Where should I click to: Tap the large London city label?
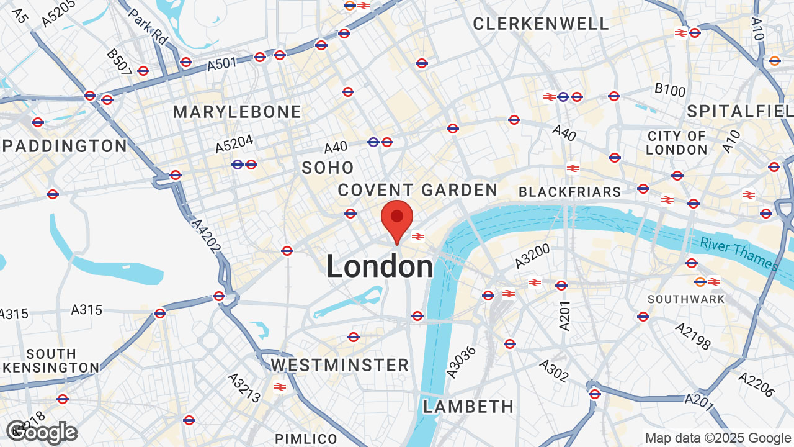380,267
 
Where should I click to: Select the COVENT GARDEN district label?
417,190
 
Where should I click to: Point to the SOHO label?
328,168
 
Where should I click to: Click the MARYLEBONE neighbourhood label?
237,112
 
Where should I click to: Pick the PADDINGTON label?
65,147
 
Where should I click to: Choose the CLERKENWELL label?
541,24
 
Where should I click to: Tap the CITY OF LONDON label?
677,143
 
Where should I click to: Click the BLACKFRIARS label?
569,192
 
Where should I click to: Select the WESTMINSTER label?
340,364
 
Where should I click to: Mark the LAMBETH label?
468,407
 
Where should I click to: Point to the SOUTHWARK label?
686,299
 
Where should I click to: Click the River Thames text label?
738,253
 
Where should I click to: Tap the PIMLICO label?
306,439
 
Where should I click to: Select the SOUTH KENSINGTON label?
51,361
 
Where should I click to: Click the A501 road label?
222,63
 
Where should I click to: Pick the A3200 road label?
532,256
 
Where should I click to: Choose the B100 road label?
670,91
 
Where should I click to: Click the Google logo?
42,432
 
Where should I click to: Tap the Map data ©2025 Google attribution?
718,438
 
